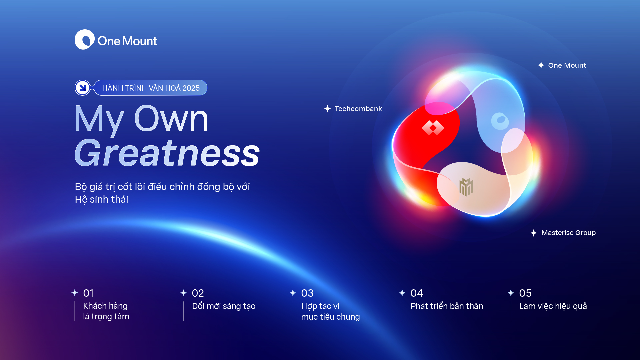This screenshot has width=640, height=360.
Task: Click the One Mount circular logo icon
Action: (x=85, y=40)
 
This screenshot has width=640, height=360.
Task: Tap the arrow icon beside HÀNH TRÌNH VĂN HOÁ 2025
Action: (x=82, y=88)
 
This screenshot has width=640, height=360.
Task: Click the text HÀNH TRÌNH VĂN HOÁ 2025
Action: (x=151, y=88)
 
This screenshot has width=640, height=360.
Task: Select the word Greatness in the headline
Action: (x=167, y=153)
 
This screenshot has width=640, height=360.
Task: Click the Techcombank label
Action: (x=358, y=109)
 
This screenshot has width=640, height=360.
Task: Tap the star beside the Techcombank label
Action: (x=327, y=109)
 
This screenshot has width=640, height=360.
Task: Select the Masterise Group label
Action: (x=568, y=233)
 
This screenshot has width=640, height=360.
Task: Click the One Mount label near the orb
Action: (x=567, y=65)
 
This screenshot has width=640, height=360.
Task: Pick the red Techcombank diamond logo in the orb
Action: (x=433, y=128)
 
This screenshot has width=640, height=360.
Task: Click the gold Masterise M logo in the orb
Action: (x=466, y=187)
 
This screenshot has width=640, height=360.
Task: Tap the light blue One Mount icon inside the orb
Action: (x=500, y=121)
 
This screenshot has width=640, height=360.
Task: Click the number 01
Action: (x=88, y=293)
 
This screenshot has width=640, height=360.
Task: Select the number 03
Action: (x=307, y=293)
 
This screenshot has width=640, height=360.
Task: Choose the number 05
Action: (x=525, y=293)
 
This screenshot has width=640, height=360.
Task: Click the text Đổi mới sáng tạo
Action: (x=224, y=306)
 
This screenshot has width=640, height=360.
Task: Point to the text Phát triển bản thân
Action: (x=447, y=306)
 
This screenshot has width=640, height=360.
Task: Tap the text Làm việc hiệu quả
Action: (x=553, y=306)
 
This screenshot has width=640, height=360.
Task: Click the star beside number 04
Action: (x=402, y=293)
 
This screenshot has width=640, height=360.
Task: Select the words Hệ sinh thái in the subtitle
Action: (x=101, y=199)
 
